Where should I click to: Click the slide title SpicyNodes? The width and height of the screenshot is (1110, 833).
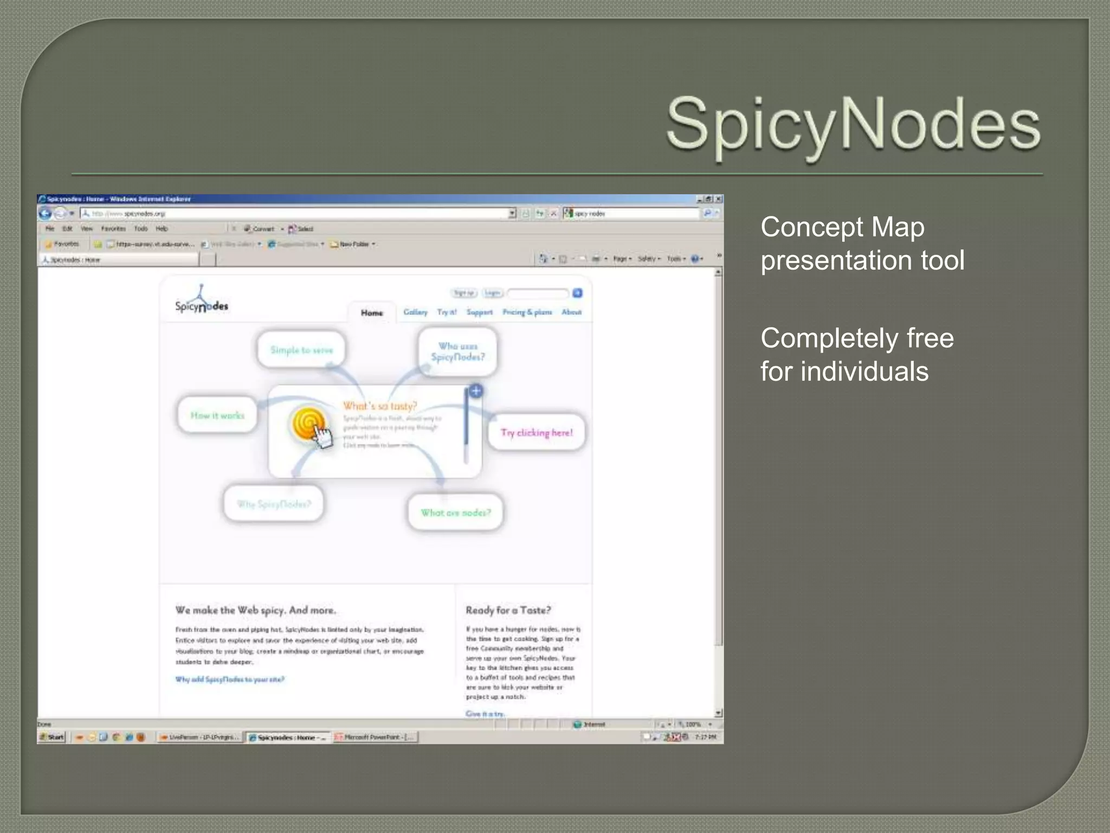[853, 125]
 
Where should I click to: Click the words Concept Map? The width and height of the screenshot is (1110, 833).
[842, 227]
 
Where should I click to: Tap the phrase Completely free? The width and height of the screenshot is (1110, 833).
[856, 338]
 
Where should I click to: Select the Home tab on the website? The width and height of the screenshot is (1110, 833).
[372, 313]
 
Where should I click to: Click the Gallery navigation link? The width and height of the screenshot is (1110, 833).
[415, 312]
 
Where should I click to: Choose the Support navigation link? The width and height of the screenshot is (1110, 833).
[479, 312]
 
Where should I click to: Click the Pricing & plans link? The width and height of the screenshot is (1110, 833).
[527, 312]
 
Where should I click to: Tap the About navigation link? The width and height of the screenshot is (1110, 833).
[571, 312]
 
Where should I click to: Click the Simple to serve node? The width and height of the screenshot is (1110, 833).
[301, 350]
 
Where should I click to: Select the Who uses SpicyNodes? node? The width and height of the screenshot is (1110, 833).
[458, 351]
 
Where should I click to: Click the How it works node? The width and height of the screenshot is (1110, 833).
[217, 416]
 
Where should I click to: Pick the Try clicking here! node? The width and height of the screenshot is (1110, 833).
[537, 433]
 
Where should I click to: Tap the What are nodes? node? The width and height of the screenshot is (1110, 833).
[456, 513]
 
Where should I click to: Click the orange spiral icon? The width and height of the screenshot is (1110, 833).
[309, 424]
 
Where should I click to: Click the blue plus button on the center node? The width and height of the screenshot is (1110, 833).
[476, 391]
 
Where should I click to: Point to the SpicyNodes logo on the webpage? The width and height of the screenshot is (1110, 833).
[202, 300]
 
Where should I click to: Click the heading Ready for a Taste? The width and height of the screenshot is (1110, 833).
[508, 611]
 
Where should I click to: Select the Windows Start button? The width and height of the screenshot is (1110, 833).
[52, 737]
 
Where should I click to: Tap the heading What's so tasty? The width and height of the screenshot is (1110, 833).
[380, 406]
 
